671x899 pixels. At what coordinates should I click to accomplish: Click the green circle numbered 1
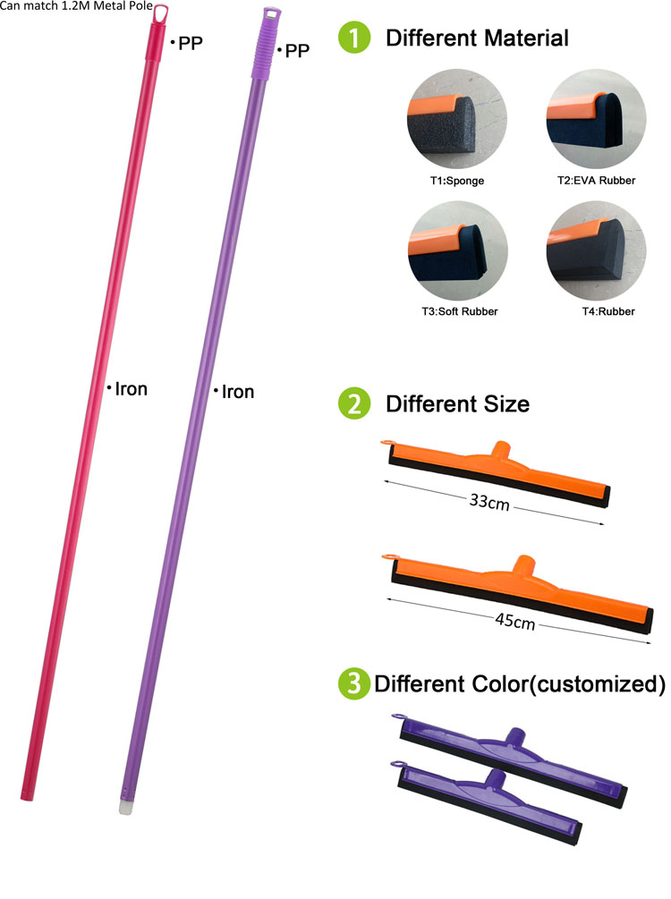354,38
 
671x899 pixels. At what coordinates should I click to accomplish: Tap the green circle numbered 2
354,403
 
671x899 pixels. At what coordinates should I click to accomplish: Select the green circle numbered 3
354,683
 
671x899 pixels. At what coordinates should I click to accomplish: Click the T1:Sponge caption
457,181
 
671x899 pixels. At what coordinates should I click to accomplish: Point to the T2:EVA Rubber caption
597,180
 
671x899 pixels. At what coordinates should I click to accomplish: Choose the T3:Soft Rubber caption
459,311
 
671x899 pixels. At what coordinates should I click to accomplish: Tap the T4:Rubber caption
608,311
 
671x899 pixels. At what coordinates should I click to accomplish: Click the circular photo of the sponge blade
457,119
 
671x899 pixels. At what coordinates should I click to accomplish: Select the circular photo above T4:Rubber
597,250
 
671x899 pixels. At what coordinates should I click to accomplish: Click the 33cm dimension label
489,502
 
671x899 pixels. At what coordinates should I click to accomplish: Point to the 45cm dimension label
515,621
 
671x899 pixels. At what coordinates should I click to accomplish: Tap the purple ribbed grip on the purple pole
266,44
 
